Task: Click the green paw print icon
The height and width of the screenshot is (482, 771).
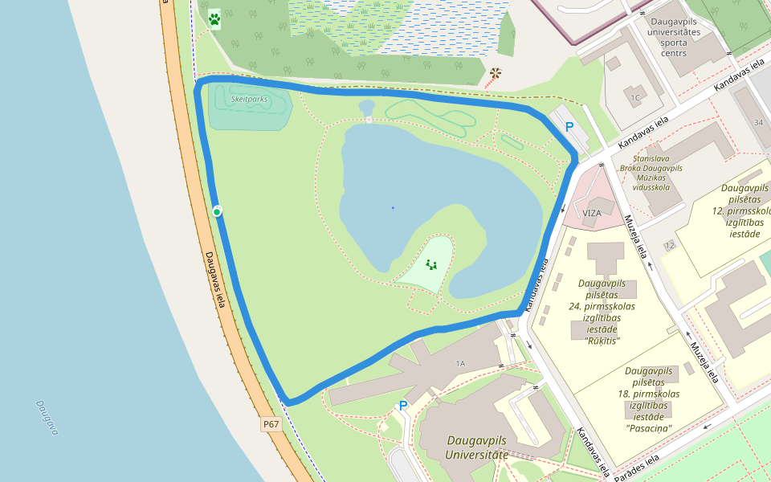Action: (x=214, y=19)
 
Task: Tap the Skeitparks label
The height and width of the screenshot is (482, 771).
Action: (x=249, y=99)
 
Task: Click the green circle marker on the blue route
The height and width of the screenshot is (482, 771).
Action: (x=217, y=210)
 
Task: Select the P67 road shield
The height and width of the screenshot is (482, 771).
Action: (x=271, y=424)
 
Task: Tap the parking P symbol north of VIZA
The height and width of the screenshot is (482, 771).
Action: (x=569, y=127)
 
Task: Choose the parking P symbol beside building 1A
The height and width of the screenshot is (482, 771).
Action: (x=403, y=406)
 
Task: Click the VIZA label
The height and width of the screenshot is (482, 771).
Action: (x=592, y=213)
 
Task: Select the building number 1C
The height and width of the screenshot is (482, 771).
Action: (x=635, y=98)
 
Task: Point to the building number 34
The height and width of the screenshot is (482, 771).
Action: (x=758, y=122)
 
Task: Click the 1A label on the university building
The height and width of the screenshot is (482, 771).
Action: (x=460, y=364)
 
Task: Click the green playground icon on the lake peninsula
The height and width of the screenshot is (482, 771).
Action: (x=431, y=264)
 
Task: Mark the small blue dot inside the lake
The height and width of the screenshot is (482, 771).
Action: (x=393, y=208)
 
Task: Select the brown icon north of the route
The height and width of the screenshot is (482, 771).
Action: (x=495, y=74)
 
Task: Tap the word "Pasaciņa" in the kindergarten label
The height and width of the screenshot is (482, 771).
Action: (x=649, y=428)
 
